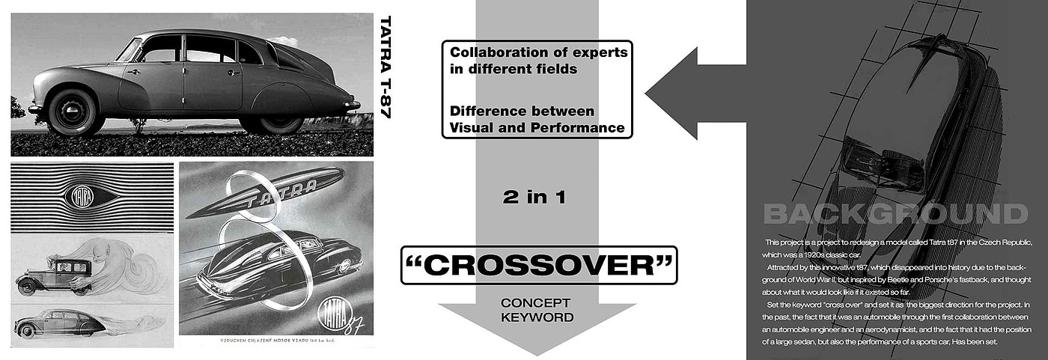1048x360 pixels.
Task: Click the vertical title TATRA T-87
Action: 386,67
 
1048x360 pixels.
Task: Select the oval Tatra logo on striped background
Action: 79,197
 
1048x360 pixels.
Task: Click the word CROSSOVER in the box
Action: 538,266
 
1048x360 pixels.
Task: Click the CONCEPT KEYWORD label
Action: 536,310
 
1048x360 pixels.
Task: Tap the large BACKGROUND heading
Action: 895,214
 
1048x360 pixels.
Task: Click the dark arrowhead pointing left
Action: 674,94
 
